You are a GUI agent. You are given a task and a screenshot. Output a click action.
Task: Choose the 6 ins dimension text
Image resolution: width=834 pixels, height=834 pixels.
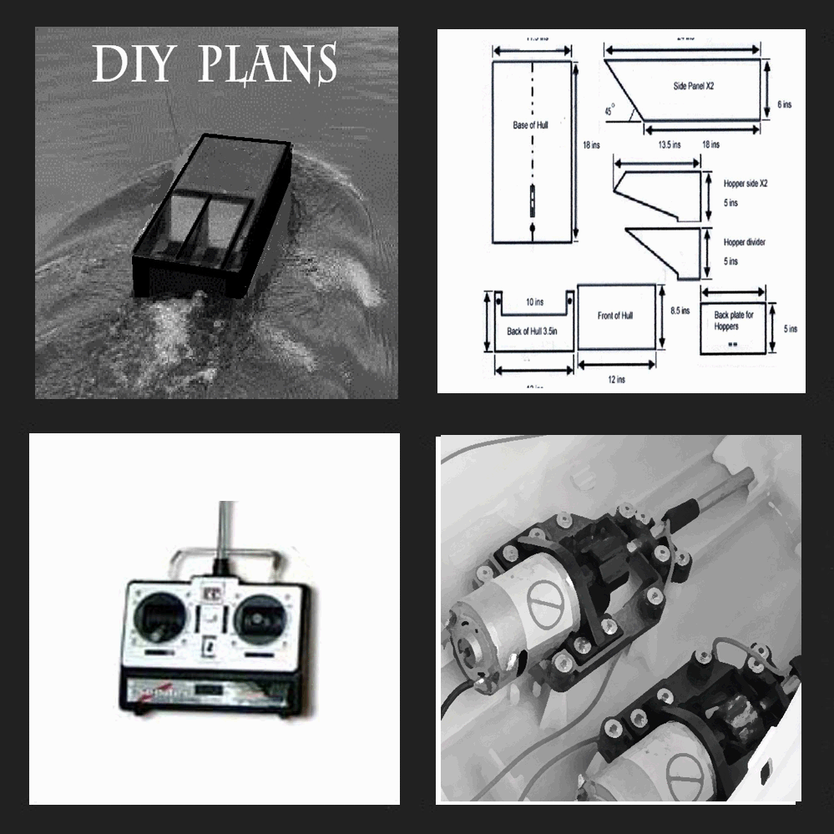coord(782,104)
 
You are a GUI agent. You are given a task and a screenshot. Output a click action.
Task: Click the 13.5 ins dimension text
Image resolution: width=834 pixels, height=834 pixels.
coord(665,144)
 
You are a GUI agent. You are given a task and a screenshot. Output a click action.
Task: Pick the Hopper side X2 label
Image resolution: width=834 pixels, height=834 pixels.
coord(745,182)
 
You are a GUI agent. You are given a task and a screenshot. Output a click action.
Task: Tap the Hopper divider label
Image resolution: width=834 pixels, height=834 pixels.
coord(745,242)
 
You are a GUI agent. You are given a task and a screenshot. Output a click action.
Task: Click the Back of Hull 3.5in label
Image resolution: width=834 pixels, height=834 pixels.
coord(531,331)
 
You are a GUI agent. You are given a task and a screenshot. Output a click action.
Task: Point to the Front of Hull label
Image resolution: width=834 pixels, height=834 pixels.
coord(615,316)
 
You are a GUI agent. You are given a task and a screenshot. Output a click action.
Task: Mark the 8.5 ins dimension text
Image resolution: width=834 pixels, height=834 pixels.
coord(680,311)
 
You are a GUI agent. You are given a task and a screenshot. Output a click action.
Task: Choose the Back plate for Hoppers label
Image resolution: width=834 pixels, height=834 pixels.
coord(732,321)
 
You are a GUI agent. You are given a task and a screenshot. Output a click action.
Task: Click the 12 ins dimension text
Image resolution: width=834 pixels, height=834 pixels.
coord(616,380)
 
